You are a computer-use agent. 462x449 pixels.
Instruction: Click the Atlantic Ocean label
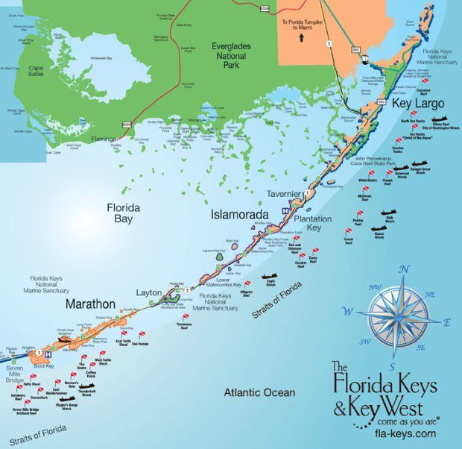click(259, 391)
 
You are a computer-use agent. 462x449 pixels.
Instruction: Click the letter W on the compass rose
click(346, 310)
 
